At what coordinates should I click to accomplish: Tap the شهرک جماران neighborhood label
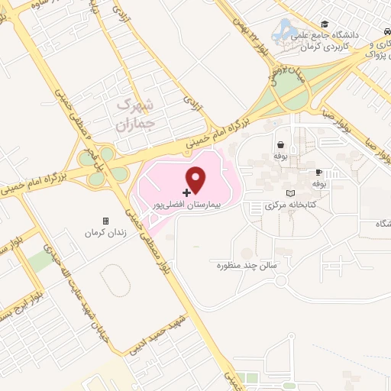coord(138,112)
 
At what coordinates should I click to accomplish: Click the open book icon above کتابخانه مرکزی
coord(289,193)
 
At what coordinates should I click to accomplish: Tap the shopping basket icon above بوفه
coord(281,144)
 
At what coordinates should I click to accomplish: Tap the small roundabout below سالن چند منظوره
coord(280,280)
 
